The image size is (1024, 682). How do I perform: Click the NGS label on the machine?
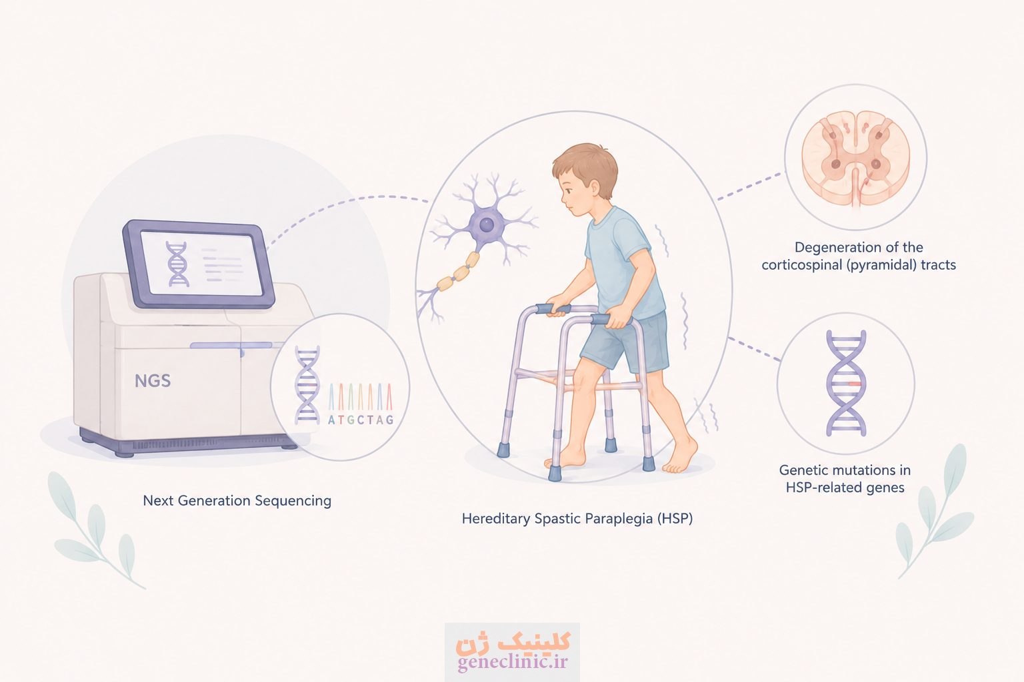pos(153,380)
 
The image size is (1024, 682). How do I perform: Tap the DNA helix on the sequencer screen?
pos(177,264)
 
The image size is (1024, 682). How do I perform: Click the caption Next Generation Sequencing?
pos(237,501)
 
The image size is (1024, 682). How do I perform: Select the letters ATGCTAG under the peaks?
pos(361,420)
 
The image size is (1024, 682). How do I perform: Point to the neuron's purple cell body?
pos(486,224)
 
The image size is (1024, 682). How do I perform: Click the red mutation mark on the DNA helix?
pos(855,384)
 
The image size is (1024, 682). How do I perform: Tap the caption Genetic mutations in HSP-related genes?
pos(845,478)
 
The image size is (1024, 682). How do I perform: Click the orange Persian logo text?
pos(513,641)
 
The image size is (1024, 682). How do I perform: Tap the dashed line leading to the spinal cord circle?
pos(751,186)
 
